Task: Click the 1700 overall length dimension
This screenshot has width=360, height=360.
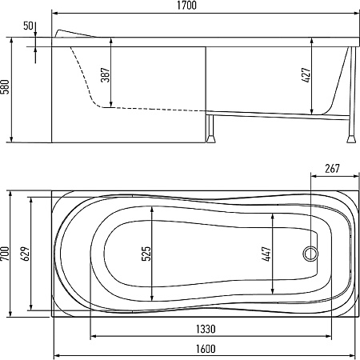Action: tap(187, 6)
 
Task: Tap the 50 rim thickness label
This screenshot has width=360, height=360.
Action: tap(28, 26)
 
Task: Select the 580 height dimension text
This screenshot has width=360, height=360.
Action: tap(6, 86)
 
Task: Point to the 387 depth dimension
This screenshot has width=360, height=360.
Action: tap(106, 75)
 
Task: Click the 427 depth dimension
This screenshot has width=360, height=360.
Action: tap(307, 75)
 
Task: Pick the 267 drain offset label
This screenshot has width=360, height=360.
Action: tap(333, 169)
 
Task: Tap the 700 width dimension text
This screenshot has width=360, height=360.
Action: tap(6, 254)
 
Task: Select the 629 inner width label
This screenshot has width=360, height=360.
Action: tap(26, 254)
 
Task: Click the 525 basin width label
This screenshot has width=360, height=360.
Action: tap(146, 254)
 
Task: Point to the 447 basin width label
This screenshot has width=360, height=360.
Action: tap(266, 254)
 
